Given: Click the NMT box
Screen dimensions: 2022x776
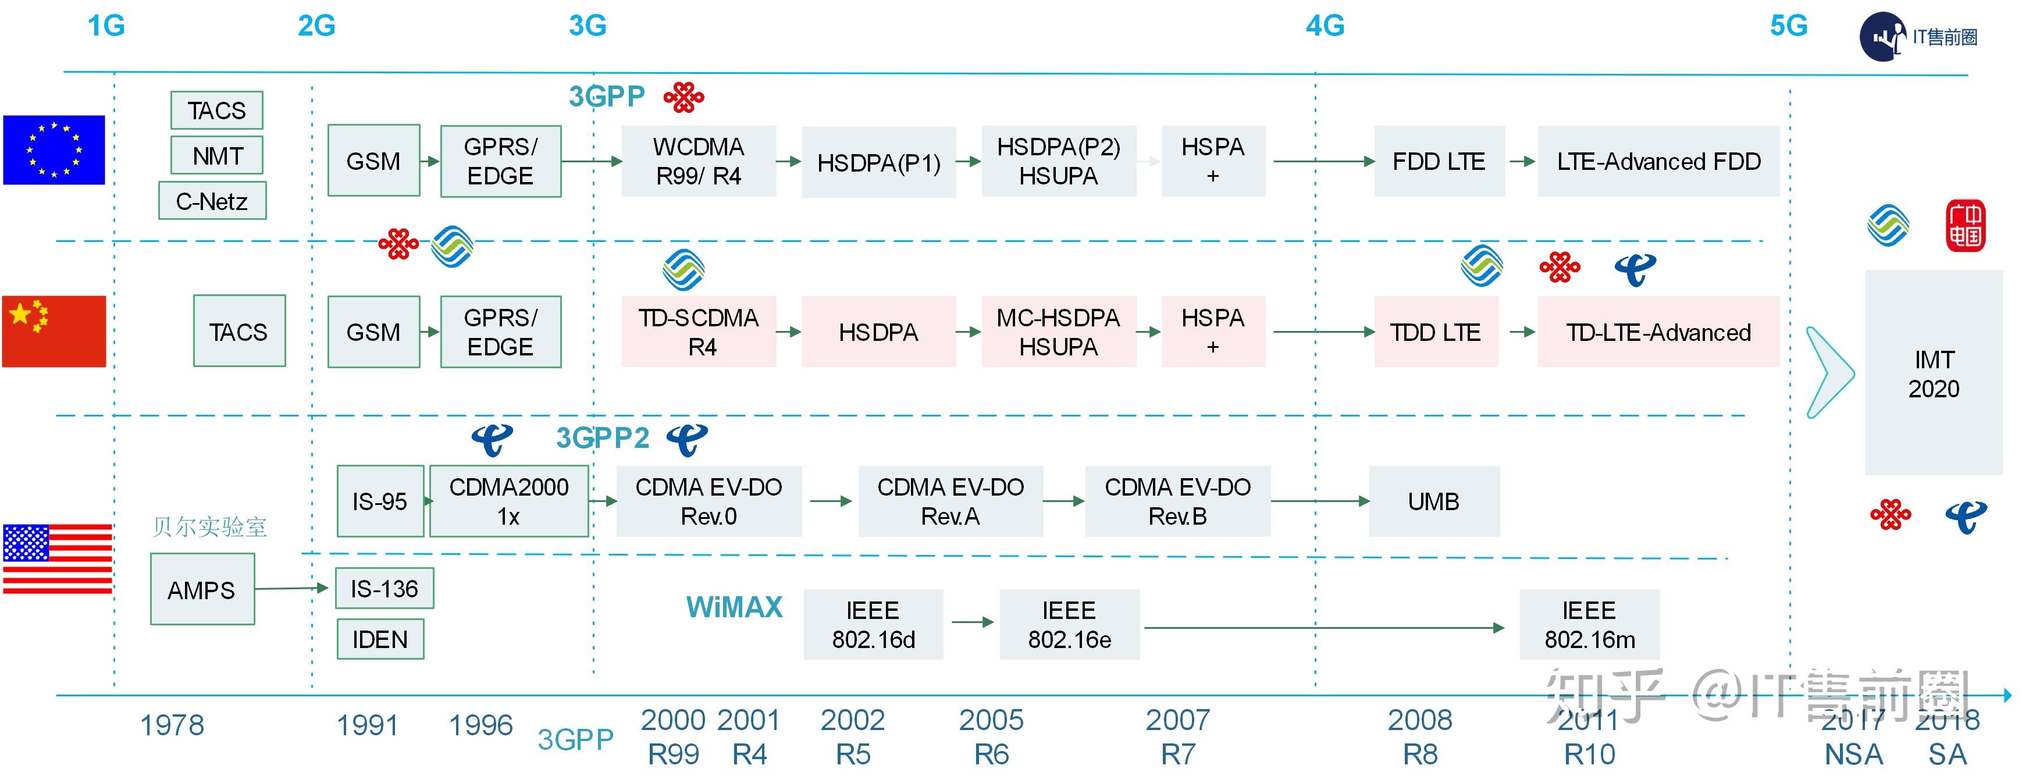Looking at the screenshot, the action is point(216,155).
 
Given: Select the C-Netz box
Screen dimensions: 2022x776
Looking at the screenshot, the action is point(212,201).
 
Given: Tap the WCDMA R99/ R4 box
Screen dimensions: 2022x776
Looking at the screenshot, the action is point(699,161).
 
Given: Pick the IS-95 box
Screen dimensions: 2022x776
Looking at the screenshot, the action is point(380,501).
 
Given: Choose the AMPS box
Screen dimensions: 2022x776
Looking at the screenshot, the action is point(202,589).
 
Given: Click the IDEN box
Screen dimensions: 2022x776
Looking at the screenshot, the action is point(380,639).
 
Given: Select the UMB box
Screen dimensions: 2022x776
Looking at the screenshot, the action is point(1434,501).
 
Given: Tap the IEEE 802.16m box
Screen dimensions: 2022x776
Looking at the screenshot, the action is point(1589,625).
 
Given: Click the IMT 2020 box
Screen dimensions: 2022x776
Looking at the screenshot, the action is point(1934,373).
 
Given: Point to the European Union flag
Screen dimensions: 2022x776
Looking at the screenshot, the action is point(54,150).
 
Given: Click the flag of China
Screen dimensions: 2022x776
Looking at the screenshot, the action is point(54,331).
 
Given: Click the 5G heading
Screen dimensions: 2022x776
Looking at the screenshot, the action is point(1788,26).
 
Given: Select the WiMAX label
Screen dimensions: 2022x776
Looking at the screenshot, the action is point(735,607).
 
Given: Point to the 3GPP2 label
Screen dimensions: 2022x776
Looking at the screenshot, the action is point(603,438).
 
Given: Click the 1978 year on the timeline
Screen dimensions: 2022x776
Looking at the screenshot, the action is point(172,725).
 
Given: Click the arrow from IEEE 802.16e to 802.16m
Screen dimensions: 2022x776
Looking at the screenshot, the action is point(1324,628).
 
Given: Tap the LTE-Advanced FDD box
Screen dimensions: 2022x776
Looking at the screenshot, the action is point(1658,161).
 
